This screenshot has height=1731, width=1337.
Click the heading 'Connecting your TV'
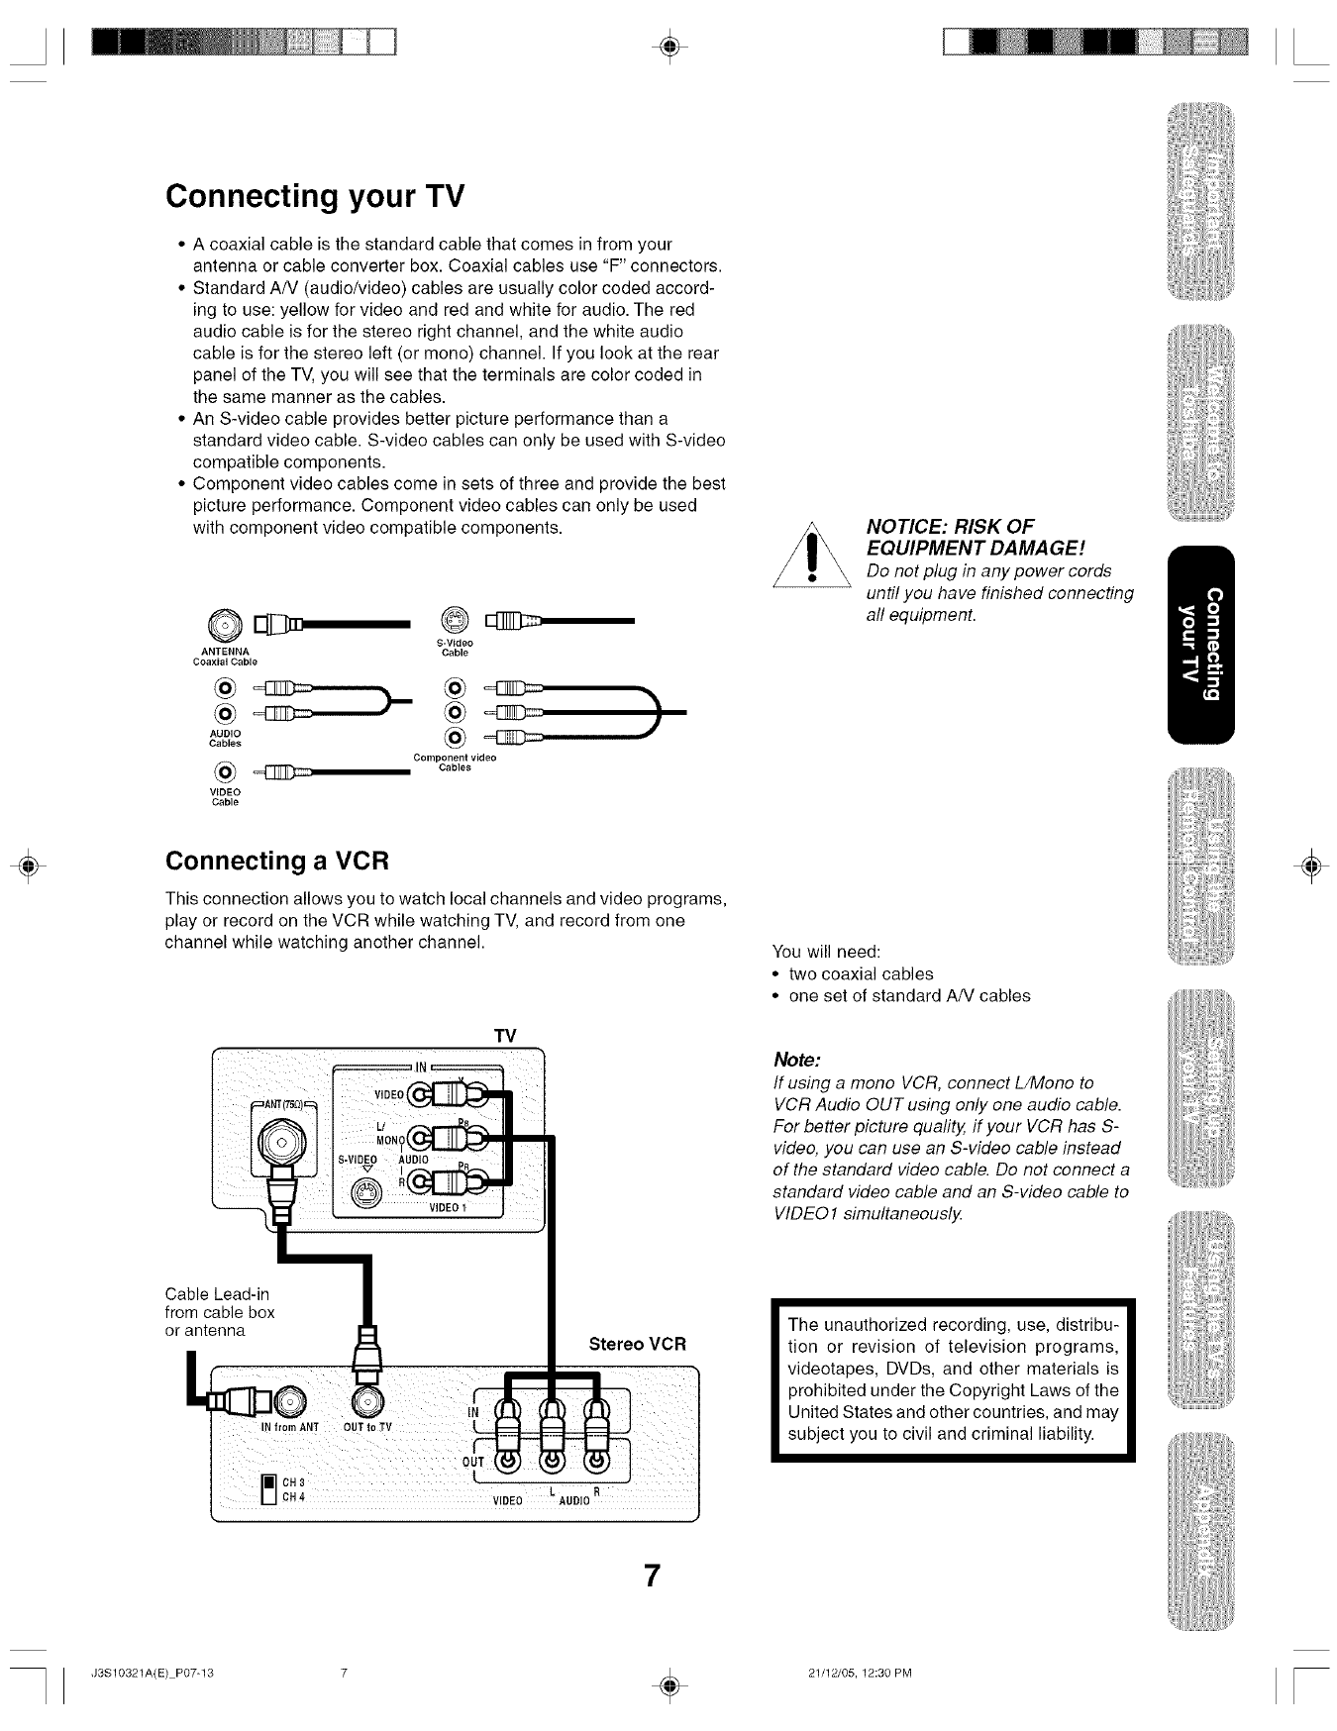click(x=314, y=196)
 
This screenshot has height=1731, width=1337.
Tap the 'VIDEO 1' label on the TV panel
click(x=448, y=1209)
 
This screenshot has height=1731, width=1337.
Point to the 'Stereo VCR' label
click(x=637, y=1345)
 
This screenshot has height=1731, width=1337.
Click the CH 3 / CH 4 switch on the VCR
click(x=265, y=1488)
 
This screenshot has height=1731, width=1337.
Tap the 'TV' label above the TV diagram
click(x=505, y=1036)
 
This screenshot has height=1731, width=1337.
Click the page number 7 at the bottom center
click(x=651, y=1576)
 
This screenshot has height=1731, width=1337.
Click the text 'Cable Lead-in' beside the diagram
click(x=217, y=1294)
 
